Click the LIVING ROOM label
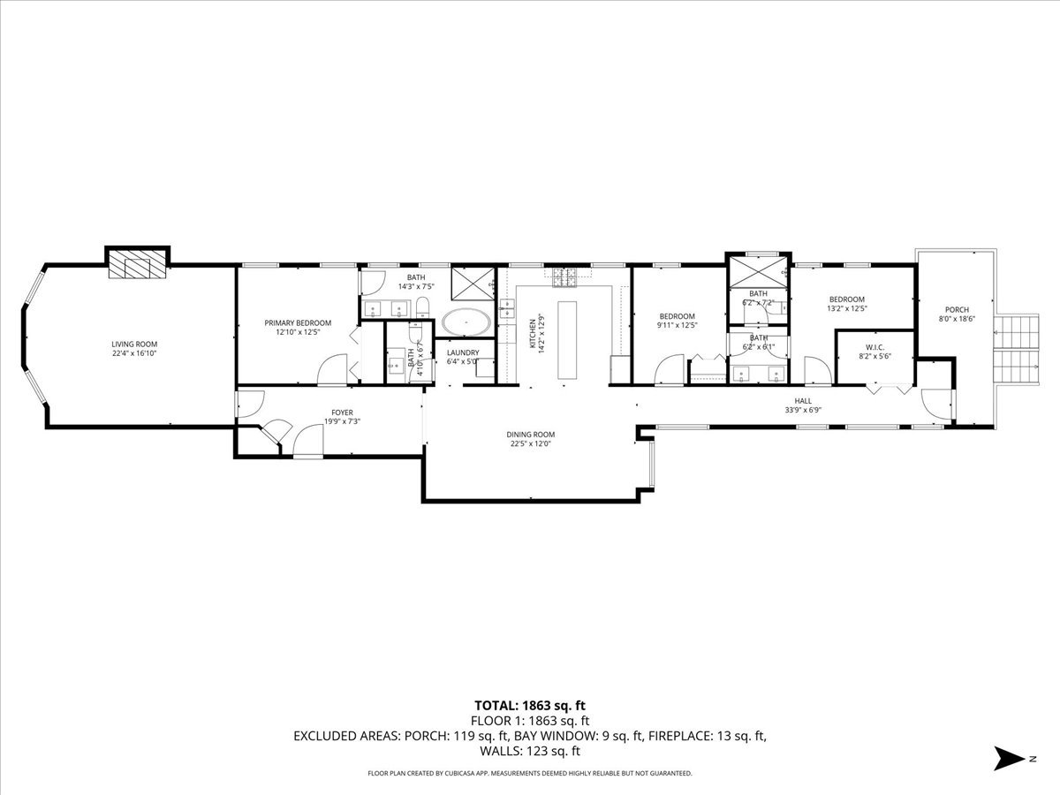pyautogui.click(x=134, y=344)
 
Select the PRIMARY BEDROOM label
pyautogui.click(x=298, y=322)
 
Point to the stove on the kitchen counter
pyautogui.click(x=565, y=278)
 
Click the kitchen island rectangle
pyautogui.click(x=565, y=341)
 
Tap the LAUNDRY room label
pyautogui.click(x=462, y=352)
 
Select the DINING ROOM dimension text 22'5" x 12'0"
pyautogui.click(x=530, y=444)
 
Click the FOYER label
pyautogui.click(x=343, y=412)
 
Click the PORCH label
pyautogui.click(x=957, y=309)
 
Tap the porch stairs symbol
pyautogui.click(x=1018, y=347)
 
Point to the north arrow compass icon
pyautogui.click(x=1008, y=758)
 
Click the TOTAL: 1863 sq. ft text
pyautogui.click(x=530, y=706)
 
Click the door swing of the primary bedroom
pyautogui.click(x=334, y=369)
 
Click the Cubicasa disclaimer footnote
pyautogui.click(x=530, y=773)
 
